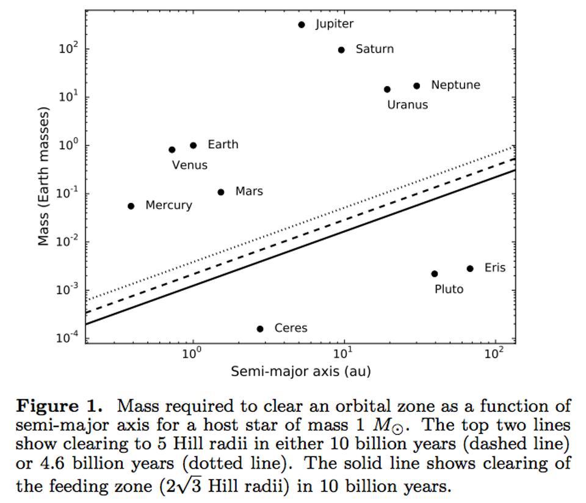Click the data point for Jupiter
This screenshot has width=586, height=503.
pyautogui.click(x=302, y=24)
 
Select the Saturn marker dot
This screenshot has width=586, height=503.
pyautogui.click(x=341, y=50)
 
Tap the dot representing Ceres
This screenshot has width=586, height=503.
pyautogui.click(x=260, y=329)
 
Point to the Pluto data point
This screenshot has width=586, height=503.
pyautogui.click(x=435, y=274)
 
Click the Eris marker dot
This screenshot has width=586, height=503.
pyautogui.click(x=470, y=268)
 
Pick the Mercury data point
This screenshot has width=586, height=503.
pyautogui.click(x=131, y=206)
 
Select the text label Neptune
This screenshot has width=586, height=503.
pyautogui.click(x=455, y=85)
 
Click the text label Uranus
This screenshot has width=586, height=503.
pyautogui.click(x=407, y=105)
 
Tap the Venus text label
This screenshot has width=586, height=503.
pyautogui.click(x=189, y=165)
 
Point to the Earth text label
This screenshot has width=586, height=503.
pyautogui.click(x=223, y=144)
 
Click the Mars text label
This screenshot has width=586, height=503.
pyautogui.click(x=249, y=191)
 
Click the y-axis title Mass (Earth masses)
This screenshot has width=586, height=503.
pyautogui.click(x=43, y=176)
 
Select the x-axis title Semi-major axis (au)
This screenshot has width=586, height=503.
pyautogui.click(x=300, y=371)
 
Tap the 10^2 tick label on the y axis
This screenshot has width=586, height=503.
pyautogui.click(x=69, y=48)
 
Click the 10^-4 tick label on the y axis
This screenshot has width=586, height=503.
pyautogui.click(x=68, y=337)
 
